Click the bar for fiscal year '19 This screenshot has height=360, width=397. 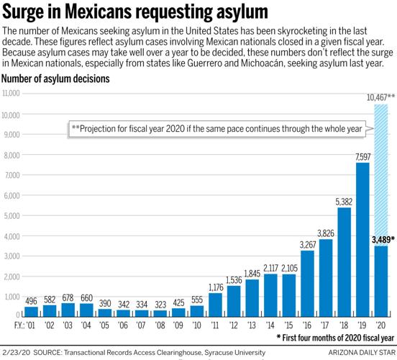coord(362,240)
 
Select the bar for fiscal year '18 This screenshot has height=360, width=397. coord(344,262)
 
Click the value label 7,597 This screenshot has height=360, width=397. coord(362,156)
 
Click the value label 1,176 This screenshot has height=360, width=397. coord(216,287)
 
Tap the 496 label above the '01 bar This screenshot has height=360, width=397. coord(31,300)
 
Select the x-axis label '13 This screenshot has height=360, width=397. coord(253,325)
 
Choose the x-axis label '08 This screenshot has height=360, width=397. coord(160,325)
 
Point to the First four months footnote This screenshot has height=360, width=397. coord(337,336)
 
